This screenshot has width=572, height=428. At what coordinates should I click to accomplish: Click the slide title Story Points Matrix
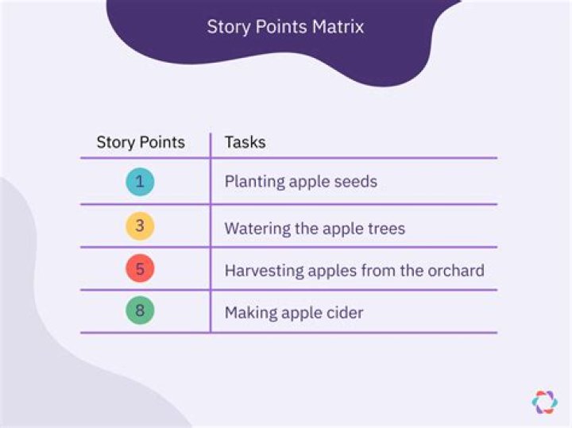tap(285, 26)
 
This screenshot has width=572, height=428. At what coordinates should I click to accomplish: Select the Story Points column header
tap(141, 143)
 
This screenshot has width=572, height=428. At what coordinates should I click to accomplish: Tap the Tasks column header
tap(245, 143)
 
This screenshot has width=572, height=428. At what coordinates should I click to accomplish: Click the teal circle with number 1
tap(140, 182)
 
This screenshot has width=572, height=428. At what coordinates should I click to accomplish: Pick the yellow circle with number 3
tap(140, 226)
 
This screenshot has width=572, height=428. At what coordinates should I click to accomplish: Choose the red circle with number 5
tap(140, 268)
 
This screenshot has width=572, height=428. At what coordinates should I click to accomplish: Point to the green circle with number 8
tap(140, 310)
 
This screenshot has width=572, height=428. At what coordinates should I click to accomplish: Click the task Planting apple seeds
tap(300, 182)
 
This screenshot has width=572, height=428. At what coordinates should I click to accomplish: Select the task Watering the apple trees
tap(315, 229)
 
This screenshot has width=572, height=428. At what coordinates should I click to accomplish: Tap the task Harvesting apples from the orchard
tap(354, 271)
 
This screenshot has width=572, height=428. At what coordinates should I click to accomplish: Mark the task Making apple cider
tap(294, 313)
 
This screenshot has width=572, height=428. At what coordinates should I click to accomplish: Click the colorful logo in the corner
tap(544, 402)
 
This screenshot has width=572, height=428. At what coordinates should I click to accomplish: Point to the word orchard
tap(454, 271)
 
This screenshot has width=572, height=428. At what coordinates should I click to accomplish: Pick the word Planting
tap(254, 182)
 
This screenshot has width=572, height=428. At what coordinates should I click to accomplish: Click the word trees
tap(385, 229)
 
